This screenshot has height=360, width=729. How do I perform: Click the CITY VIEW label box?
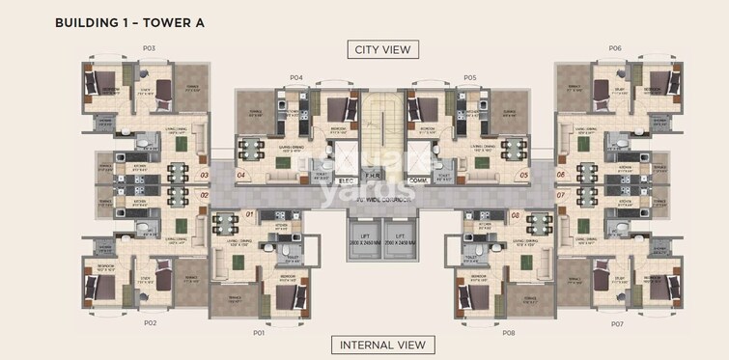pyautogui.click(x=380, y=49)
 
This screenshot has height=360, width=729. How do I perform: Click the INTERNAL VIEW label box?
pyautogui.click(x=380, y=345)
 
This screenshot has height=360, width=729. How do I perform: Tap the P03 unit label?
pyautogui.click(x=149, y=48)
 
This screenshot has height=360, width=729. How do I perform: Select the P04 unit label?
pyautogui.click(x=295, y=77)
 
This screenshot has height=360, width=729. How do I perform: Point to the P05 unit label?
pyautogui.click(x=469, y=77)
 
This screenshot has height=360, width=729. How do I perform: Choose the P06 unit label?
pyautogui.click(x=615, y=48)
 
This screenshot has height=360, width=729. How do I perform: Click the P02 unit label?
pyautogui.click(x=150, y=323)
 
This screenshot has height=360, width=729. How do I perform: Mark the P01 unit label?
pyautogui.click(x=259, y=333)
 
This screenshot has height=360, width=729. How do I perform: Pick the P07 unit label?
pyautogui.click(x=617, y=323)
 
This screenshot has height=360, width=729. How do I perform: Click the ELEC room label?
pyautogui.click(x=348, y=180)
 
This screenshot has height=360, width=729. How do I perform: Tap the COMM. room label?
pyautogui.click(x=417, y=180)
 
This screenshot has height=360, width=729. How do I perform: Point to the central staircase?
pyautogui.click(x=381, y=125)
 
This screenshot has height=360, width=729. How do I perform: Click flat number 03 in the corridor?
pyautogui.click(x=204, y=176)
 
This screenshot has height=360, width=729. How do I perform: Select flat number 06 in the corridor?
pyautogui.click(x=561, y=176)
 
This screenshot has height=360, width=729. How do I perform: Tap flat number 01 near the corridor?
pyautogui.click(x=249, y=213)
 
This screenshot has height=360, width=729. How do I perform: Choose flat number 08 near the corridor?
pyautogui.click(x=516, y=213)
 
